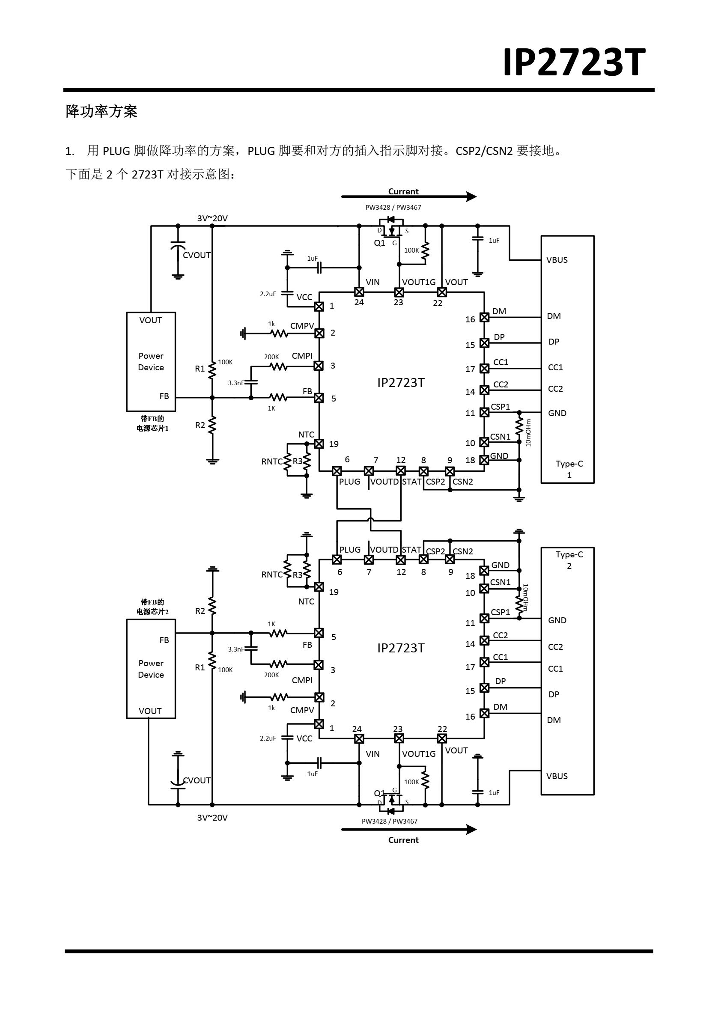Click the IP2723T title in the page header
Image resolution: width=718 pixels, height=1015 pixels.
tap(573, 63)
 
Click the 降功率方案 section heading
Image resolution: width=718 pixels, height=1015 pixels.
tap(101, 111)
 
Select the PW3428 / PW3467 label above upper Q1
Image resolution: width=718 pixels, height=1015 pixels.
tap(393, 207)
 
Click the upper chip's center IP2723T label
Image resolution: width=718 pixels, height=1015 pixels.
tap(401, 383)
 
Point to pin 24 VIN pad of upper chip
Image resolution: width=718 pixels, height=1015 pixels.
tap(359, 292)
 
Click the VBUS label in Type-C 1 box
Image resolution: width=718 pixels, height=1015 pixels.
tap(557, 260)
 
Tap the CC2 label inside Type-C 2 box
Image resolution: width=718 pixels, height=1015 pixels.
tap(555, 647)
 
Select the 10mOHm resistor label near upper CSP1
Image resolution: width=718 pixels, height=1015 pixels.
tap(528, 433)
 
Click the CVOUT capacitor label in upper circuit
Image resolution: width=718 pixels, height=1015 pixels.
tap(197, 256)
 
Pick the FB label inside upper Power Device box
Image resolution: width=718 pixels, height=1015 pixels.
tap(164, 396)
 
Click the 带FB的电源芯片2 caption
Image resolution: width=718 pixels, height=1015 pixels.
tap(152, 607)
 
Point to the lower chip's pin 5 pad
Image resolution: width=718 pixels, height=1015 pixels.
tap(319, 633)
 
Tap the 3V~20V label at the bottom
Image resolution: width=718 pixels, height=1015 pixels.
tap(212, 818)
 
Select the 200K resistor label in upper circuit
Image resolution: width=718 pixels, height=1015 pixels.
tap(271, 357)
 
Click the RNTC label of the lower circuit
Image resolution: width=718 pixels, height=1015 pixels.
tap(271, 574)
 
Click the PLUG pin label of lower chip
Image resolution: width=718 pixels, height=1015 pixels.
tap(350, 550)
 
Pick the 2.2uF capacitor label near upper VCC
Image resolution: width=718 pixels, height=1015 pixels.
tap(268, 294)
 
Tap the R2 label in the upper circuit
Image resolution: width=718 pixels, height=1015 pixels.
tap(200, 425)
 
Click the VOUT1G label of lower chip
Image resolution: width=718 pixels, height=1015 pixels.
tap(418, 754)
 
